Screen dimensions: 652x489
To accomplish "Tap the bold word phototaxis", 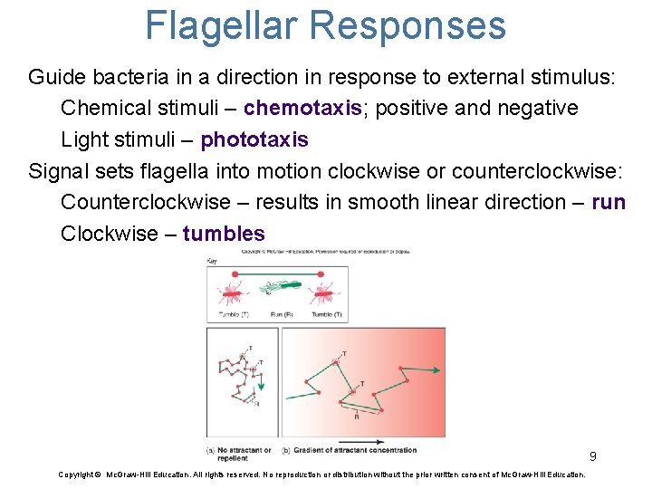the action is pyautogui.click(x=254, y=140).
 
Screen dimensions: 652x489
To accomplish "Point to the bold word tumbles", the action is pyautogui.click(x=224, y=234).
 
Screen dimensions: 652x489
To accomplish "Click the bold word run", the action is pyautogui.click(x=609, y=202).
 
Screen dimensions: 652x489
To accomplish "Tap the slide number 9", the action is pyautogui.click(x=592, y=456).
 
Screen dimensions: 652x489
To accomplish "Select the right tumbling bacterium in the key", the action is pyautogui.click(x=323, y=292).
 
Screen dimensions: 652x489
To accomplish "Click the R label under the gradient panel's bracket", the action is pyautogui.click(x=355, y=417).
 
